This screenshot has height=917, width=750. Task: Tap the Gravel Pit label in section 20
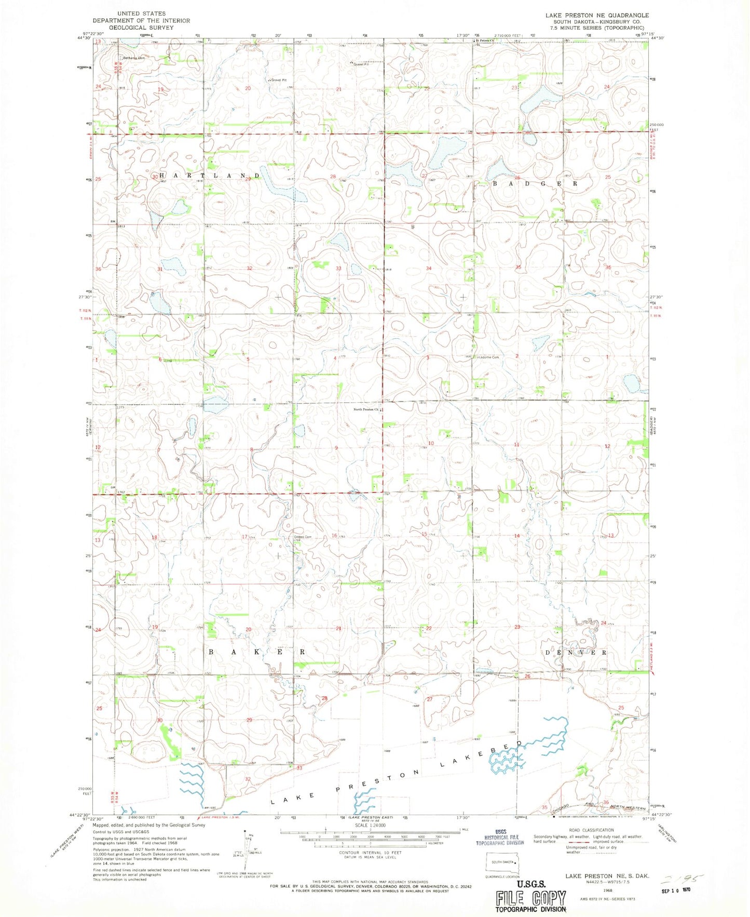279,80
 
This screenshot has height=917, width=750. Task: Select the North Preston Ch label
365,409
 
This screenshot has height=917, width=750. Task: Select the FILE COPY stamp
530,898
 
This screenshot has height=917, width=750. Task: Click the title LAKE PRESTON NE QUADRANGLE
596,16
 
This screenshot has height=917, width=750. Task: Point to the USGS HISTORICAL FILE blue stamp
500,837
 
